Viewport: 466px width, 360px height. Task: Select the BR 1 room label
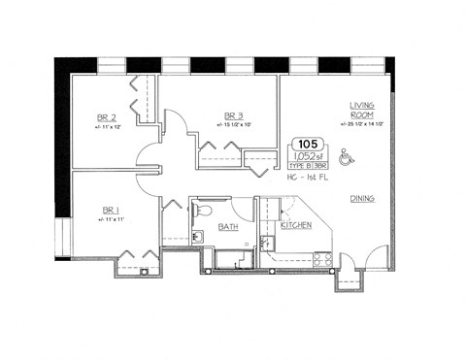click(x=109, y=210)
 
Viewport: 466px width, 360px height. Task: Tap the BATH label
click(x=229, y=227)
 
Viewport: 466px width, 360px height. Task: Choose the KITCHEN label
click(x=295, y=225)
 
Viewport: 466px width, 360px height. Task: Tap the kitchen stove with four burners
click(x=323, y=257)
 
